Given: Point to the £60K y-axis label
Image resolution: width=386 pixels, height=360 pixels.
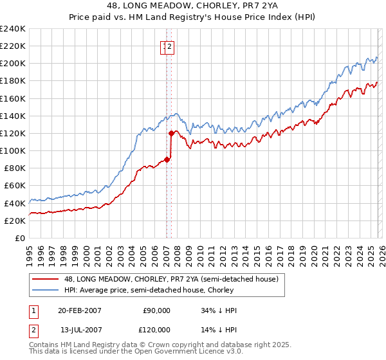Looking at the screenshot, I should pyautogui.click(x=14, y=186).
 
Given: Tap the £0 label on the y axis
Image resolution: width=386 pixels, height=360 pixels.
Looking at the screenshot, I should pyautogui.click(x=19, y=238).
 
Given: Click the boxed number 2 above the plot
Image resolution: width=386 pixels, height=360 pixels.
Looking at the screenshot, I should pyautogui.click(x=170, y=46).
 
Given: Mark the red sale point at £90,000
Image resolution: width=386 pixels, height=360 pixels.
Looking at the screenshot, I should pyautogui.click(x=167, y=159).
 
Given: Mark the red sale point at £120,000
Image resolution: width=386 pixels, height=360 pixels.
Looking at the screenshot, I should pyautogui.click(x=171, y=134).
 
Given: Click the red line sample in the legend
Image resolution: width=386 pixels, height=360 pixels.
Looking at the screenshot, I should pyautogui.click(x=45, y=279).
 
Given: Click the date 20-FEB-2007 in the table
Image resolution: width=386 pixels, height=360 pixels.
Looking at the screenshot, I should pyautogui.click(x=79, y=310).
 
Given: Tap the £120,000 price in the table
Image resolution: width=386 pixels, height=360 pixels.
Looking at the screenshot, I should pyautogui.click(x=157, y=329).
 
